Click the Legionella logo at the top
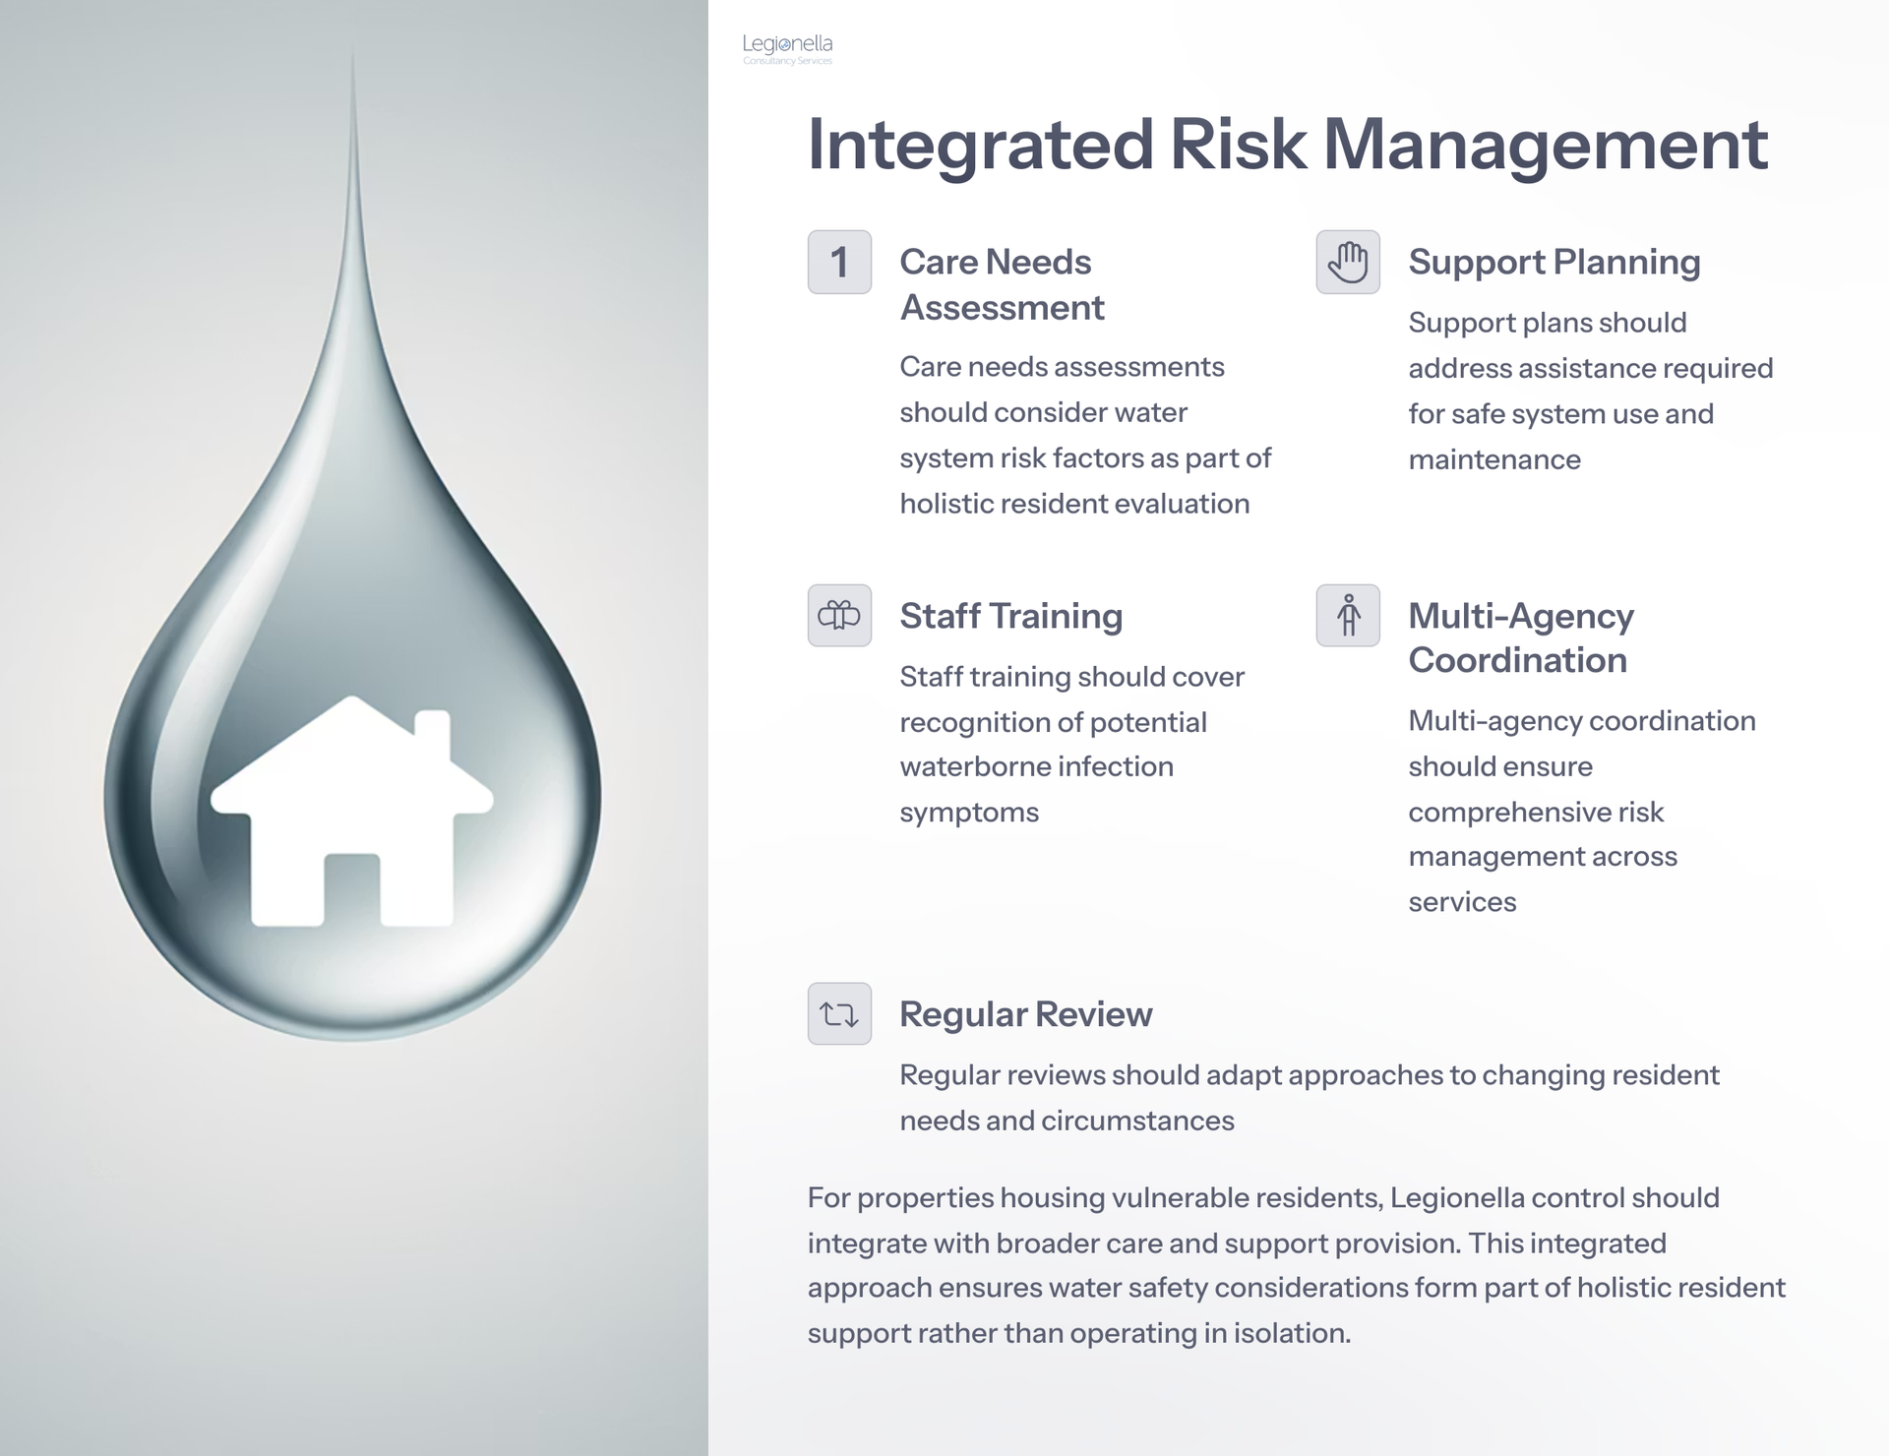(x=787, y=49)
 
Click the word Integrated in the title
(x=980, y=146)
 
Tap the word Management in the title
(x=1546, y=146)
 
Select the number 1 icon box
(x=839, y=262)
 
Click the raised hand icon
(x=1348, y=262)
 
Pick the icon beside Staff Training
(x=839, y=616)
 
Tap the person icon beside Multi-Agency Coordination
(x=1348, y=616)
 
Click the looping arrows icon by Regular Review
(x=839, y=1013)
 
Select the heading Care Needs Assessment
(x=1002, y=284)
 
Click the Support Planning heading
(x=1554, y=263)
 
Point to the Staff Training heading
(x=1010, y=616)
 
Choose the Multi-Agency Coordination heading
(x=1521, y=637)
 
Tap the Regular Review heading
(x=1025, y=1014)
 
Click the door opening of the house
(x=352, y=889)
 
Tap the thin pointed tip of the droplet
(x=352, y=47)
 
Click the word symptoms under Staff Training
(x=969, y=814)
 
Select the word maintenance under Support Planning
(x=1494, y=459)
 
